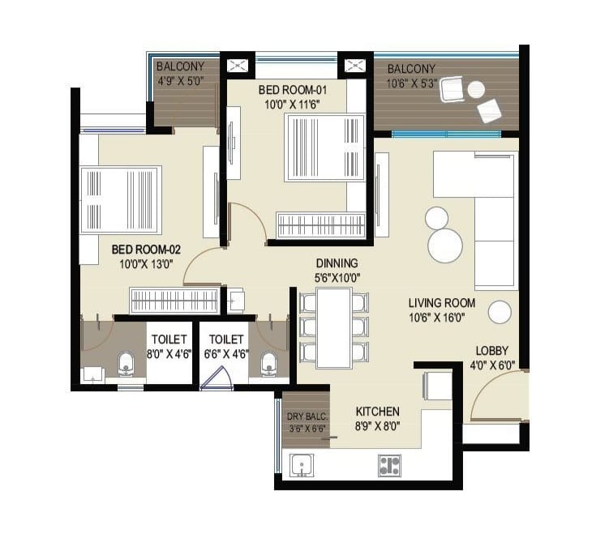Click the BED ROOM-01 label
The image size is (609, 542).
pos(293,90)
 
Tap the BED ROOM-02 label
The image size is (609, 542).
pos(146,250)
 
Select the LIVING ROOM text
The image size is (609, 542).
pos(442,303)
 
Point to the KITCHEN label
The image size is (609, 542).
pos(378,412)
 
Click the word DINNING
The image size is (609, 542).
pos(337,263)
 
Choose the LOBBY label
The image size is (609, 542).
pos(491,351)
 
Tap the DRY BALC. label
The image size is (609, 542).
pos(307,417)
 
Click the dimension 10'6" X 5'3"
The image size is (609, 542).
pos(412,83)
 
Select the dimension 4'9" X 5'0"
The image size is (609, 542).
pos(181,81)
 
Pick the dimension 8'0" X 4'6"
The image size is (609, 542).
pos(169,354)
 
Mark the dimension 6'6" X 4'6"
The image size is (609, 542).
pos(226,354)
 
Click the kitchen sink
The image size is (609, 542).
pos(302,465)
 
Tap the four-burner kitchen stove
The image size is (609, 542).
pos(389,465)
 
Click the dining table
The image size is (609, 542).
pos(334,328)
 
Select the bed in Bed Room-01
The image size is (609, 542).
pos(324,147)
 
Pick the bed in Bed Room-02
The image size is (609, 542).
pos(120,200)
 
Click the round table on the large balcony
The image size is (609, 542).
pos(476,90)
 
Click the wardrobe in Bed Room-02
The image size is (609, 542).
pos(174,301)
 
